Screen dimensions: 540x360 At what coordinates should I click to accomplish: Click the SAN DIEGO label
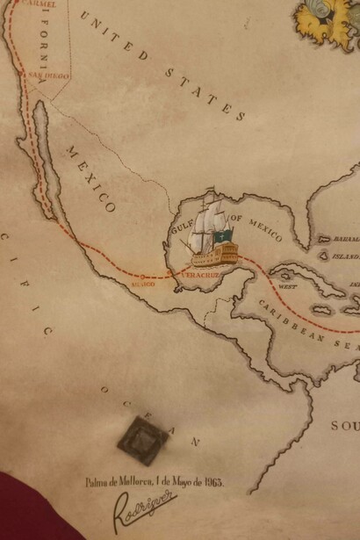pyautogui.click(x=47, y=76)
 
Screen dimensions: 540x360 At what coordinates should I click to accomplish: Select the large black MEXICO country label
pyautogui.click(x=90, y=179)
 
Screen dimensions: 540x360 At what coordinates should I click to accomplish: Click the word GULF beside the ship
pyautogui.click(x=181, y=226)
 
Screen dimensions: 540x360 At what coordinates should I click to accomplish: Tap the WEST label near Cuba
pyautogui.click(x=287, y=286)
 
